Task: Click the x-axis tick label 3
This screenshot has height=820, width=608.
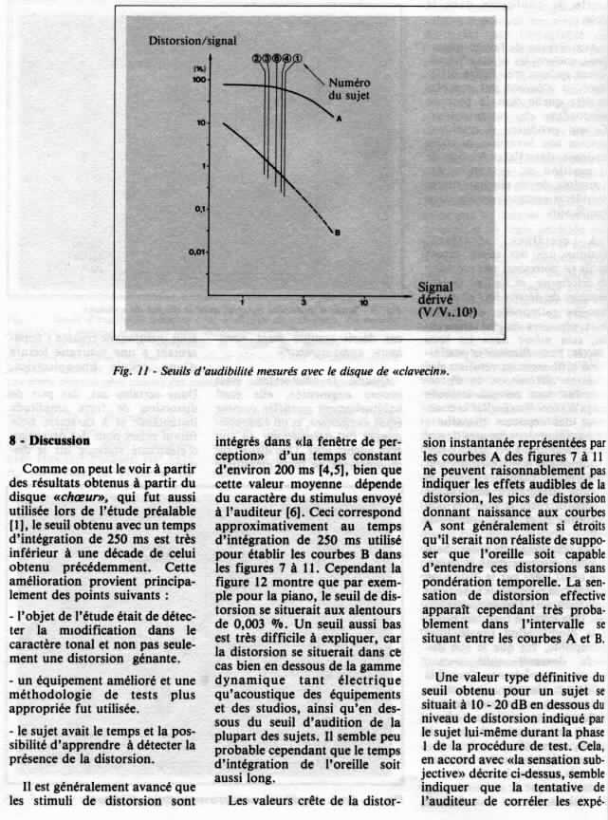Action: point(304,301)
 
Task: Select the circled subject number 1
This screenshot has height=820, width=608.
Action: point(297,59)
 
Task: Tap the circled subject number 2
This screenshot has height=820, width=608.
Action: point(256,59)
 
